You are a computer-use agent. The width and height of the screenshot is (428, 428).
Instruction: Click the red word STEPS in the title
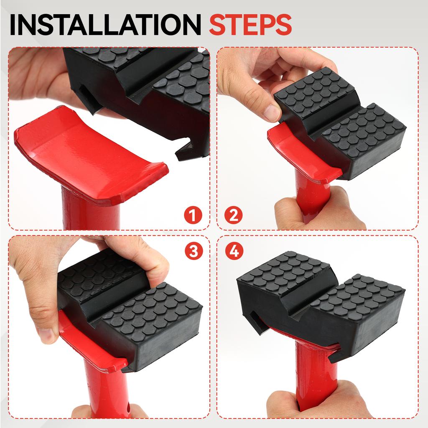click(x=250, y=25)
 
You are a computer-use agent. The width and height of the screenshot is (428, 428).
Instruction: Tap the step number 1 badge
click(x=193, y=216)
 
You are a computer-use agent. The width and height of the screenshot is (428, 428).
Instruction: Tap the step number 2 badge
click(x=233, y=216)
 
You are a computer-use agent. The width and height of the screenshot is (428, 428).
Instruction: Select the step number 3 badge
click(x=193, y=251)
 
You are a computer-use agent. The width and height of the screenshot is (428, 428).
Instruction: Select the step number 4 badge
click(x=234, y=251)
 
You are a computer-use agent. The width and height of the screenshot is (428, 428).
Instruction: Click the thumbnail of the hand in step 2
click(x=272, y=112)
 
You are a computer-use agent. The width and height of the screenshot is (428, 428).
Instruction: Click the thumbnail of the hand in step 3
click(x=46, y=335)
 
